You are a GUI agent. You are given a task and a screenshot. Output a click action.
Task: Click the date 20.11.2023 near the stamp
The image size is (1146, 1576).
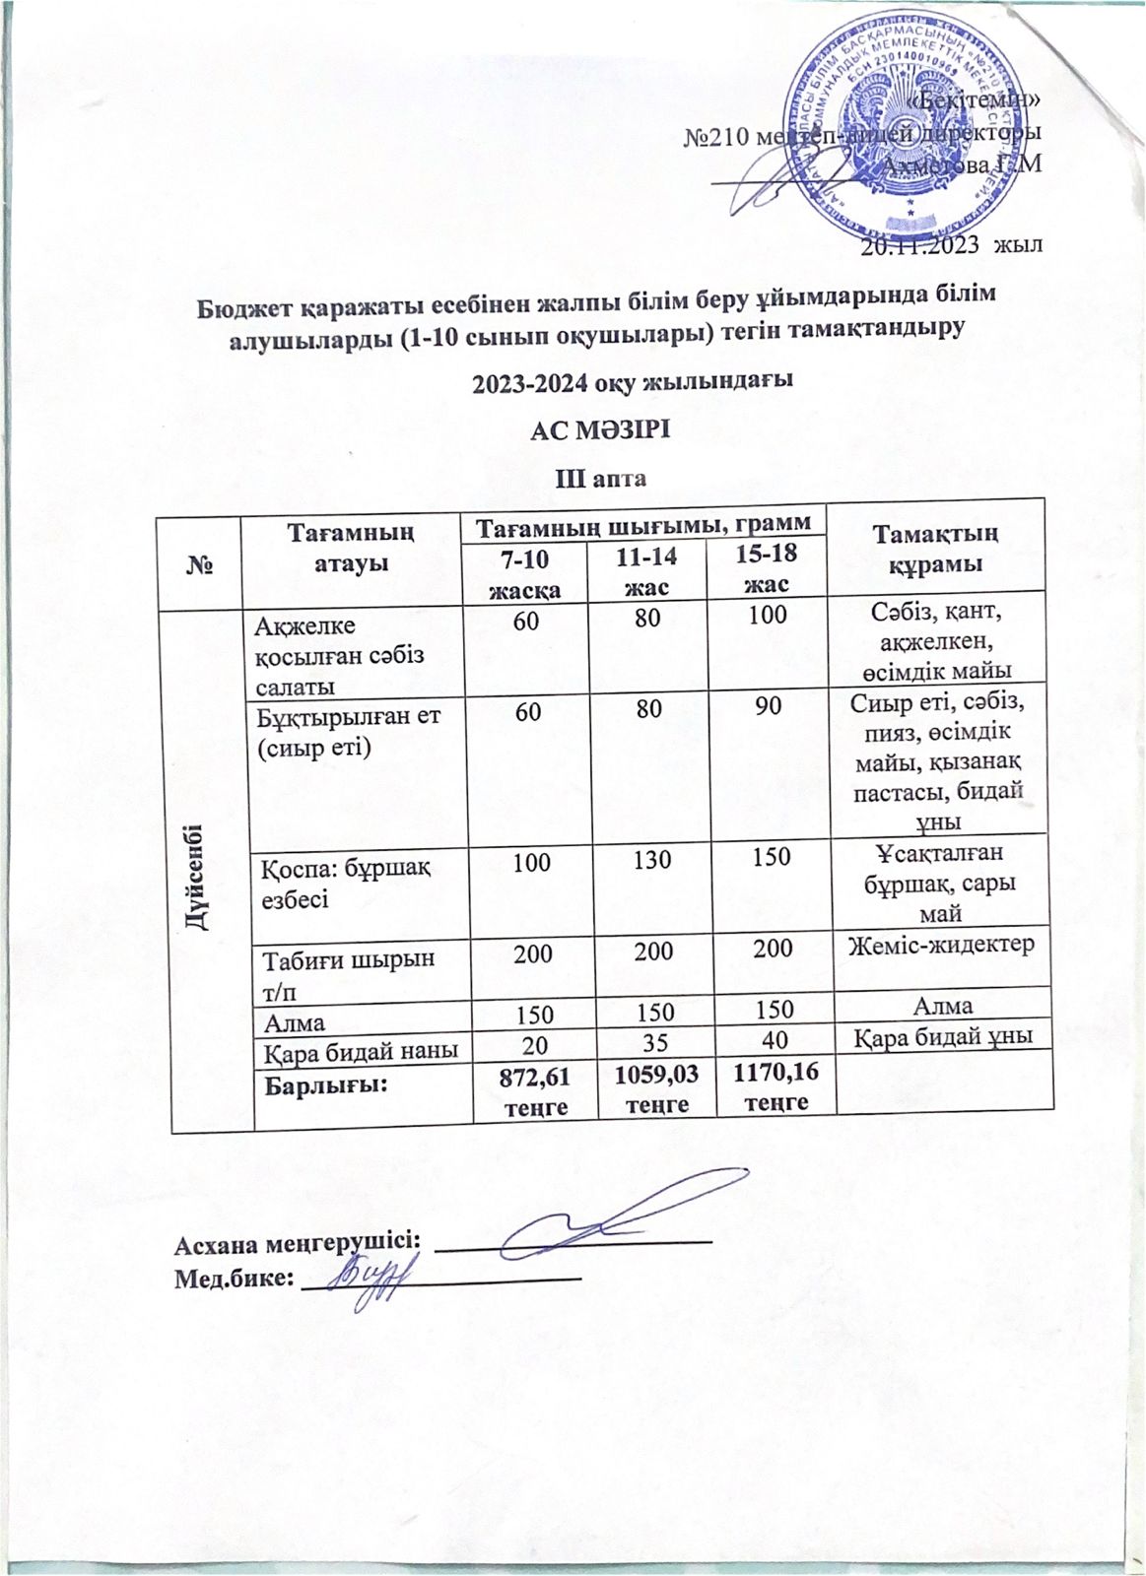(x=922, y=246)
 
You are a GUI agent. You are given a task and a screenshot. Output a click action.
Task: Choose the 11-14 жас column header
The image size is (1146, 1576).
(x=646, y=571)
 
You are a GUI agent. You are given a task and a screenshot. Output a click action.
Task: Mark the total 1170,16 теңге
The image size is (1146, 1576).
(x=772, y=1084)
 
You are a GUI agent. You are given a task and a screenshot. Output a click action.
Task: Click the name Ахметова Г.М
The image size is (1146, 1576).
(x=963, y=164)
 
